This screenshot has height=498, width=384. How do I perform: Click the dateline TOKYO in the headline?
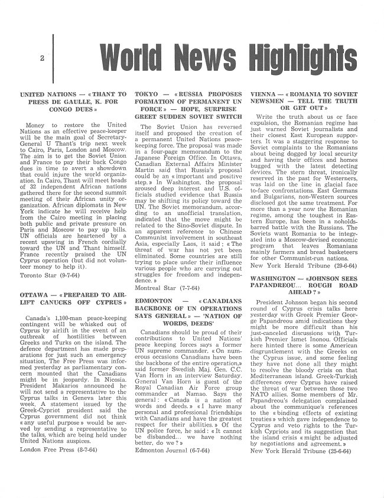pos(147,94)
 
